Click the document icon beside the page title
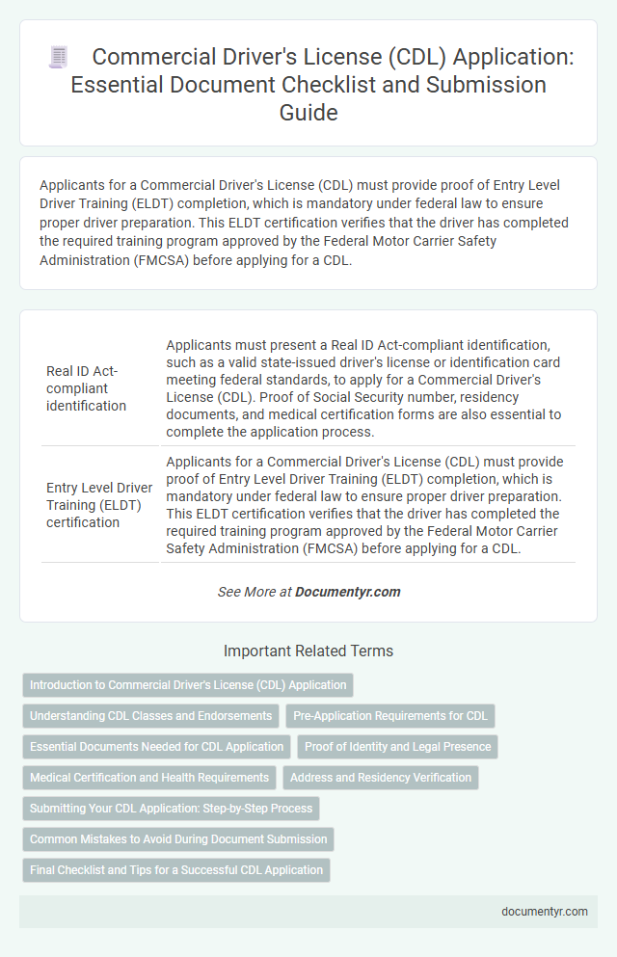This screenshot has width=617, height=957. click(58, 58)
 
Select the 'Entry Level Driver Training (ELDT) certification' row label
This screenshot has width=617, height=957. click(98, 505)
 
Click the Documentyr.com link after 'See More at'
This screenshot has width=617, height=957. click(348, 592)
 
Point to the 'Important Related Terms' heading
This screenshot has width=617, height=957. click(308, 651)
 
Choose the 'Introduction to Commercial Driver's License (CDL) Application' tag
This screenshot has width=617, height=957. click(188, 685)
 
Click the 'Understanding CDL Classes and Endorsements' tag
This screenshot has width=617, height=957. click(150, 716)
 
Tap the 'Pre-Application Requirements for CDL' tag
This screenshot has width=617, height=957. click(390, 716)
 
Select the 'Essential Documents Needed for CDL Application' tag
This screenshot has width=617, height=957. click(157, 747)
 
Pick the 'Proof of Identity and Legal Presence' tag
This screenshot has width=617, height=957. click(397, 747)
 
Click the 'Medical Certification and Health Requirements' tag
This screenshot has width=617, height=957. click(149, 778)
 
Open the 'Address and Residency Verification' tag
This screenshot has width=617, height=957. click(381, 778)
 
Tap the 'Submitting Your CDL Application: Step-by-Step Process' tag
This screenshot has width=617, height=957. click(171, 809)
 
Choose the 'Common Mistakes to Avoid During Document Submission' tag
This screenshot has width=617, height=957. click(178, 839)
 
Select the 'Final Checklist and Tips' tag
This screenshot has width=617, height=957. click(176, 870)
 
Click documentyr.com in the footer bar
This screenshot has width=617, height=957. click(546, 912)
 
